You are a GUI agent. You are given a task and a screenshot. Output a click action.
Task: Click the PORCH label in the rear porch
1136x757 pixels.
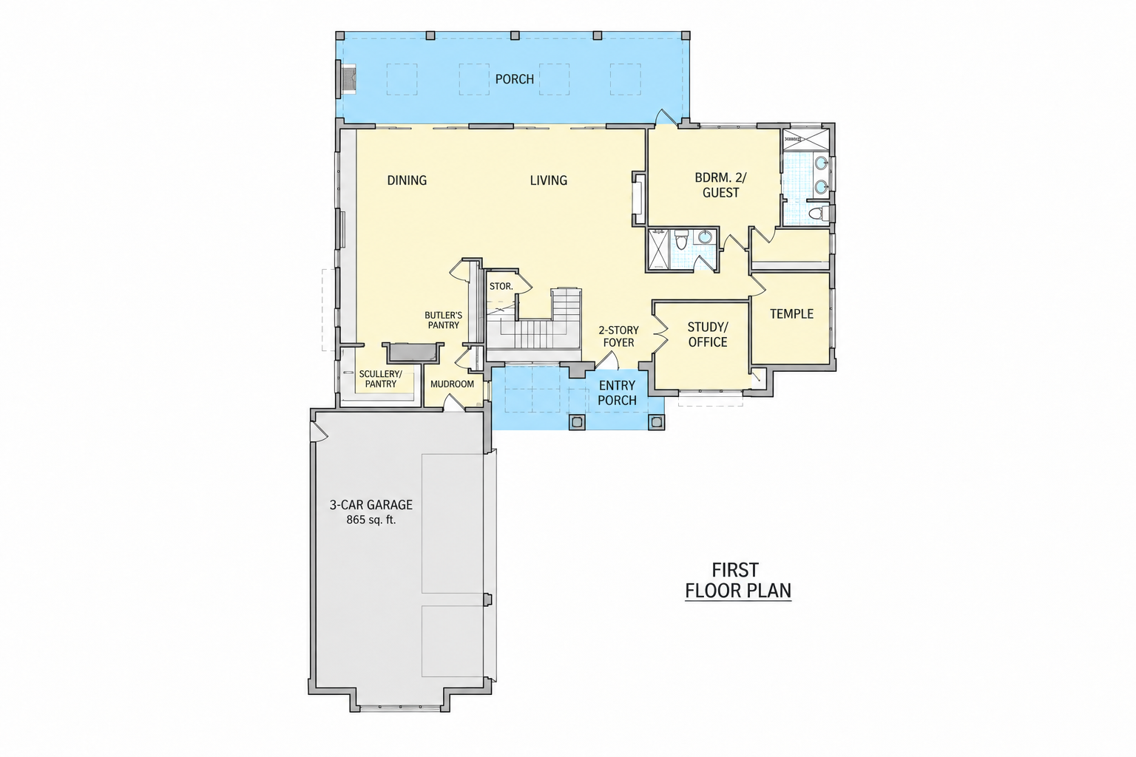coord(514,79)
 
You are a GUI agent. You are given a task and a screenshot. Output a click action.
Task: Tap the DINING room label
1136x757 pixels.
coord(407,180)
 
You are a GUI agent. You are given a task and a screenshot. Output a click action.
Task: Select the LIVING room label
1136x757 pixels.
coord(548,180)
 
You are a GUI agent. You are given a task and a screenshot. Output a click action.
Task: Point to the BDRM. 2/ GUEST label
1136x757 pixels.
coord(720,185)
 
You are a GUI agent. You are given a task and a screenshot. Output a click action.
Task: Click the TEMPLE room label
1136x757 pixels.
coord(791,314)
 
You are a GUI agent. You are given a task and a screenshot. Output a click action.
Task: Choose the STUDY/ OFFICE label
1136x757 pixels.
coord(708,335)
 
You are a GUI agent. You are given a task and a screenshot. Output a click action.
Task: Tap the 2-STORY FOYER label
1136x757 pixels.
coord(619,336)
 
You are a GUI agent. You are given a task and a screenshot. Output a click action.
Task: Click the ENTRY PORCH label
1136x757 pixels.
coord(617,393)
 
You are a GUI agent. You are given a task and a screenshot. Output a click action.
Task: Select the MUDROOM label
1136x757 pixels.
coord(452,384)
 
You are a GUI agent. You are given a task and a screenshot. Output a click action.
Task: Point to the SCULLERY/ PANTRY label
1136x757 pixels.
coord(380,379)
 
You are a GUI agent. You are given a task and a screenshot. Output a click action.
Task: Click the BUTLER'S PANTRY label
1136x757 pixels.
coord(443,320)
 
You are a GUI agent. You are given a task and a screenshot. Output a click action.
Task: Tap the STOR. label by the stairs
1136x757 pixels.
coord(501,287)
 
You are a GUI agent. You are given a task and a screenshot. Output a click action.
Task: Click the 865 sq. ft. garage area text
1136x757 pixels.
coord(371,520)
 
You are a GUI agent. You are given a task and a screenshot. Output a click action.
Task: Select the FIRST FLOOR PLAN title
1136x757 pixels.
coord(738,580)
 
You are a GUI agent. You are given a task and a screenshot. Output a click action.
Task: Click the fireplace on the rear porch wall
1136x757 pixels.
coord(347,79)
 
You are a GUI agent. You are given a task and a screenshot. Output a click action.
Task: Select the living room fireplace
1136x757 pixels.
coord(638,198)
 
